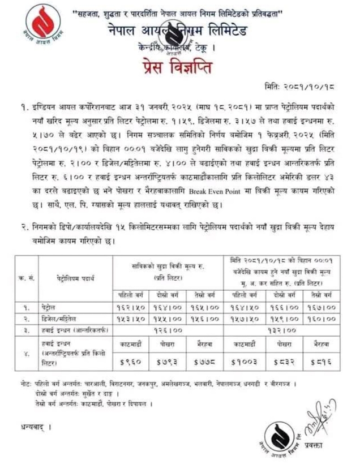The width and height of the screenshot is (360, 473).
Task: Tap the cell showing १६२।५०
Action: (x=131, y=308)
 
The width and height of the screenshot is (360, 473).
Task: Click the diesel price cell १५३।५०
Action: (x=131, y=319)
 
